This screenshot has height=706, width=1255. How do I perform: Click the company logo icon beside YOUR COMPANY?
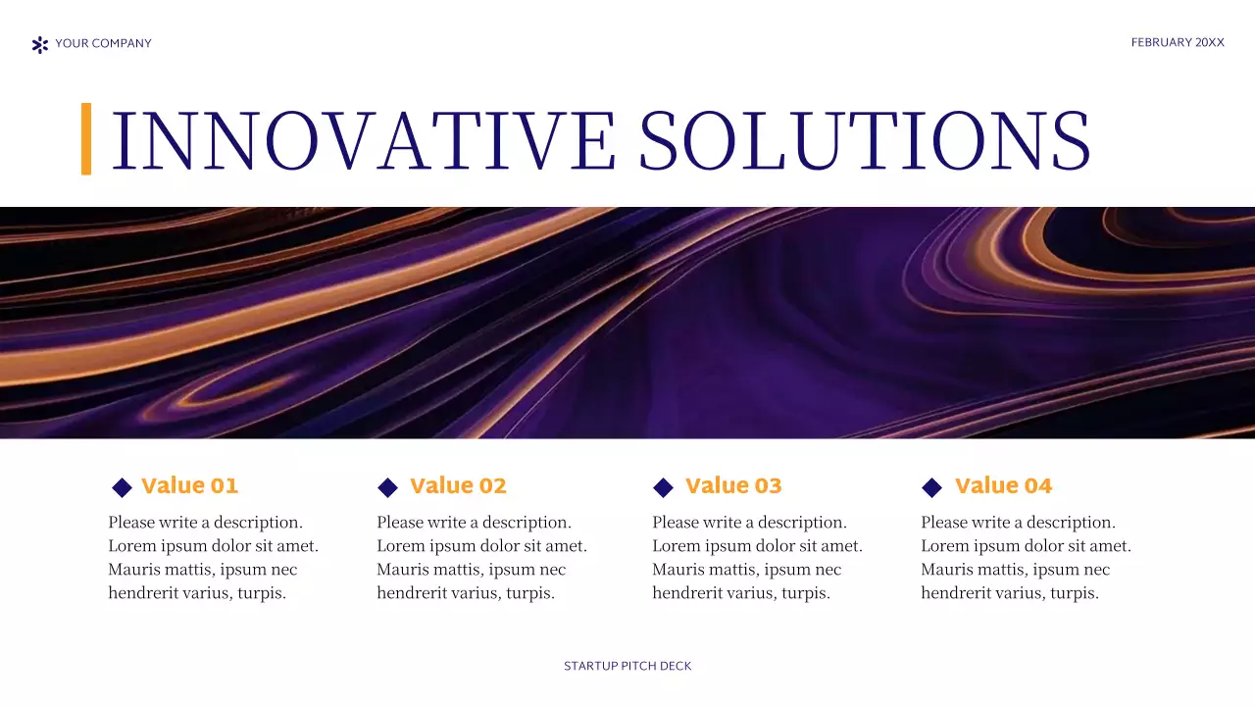pos(40,44)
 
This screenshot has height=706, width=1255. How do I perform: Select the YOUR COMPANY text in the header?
pos(103,43)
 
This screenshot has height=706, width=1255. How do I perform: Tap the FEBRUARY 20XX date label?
pos(1178,43)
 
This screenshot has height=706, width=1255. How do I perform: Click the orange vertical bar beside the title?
pos(86,139)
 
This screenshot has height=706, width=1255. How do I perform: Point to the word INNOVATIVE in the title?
pos(364,141)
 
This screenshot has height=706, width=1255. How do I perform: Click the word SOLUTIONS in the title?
pos(864,141)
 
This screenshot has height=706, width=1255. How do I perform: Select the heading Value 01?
pos(190,486)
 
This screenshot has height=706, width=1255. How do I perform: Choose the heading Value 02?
pos(458,486)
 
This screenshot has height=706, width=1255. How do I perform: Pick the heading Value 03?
pos(733,486)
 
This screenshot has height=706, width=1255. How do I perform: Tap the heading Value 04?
pos(1003,486)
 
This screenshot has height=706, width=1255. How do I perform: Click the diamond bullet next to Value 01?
pos(123,487)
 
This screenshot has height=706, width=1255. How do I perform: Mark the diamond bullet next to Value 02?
pos(388,487)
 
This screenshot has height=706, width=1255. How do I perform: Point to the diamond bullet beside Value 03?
pos(664,487)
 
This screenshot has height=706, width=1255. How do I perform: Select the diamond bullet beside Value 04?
pos(932,487)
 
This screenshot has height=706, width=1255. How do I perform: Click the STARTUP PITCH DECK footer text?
pos(627,667)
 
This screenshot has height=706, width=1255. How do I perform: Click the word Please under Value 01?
pos(132,523)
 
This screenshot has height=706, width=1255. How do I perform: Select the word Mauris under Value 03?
pos(678,570)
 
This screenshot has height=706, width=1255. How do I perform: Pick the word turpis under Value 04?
pos(1075,593)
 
